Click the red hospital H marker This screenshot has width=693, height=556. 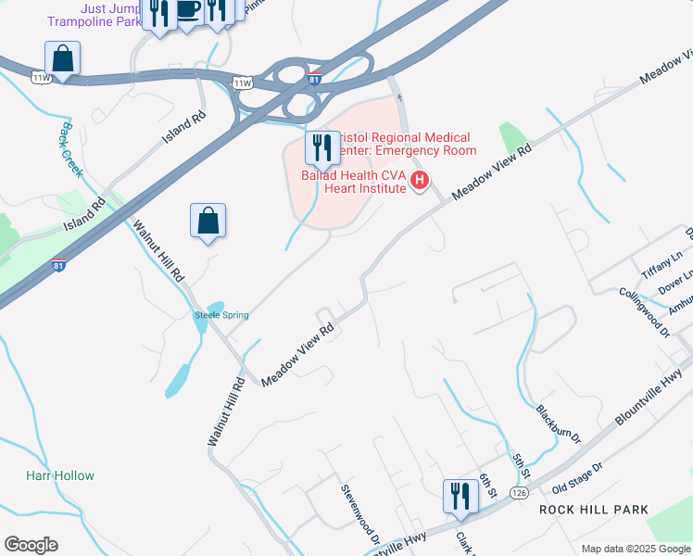click(x=420, y=181)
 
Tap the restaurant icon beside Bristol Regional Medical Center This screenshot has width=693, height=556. click(x=322, y=147)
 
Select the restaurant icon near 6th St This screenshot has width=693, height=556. click(x=460, y=495)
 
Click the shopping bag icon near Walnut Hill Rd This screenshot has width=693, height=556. click(x=208, y=221)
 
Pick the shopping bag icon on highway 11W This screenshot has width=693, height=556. click(x=62, y=58)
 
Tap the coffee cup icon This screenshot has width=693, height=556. click(x=188, y=10)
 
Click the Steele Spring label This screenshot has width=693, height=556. click(x=220, y=316)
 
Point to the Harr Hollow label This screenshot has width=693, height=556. click(x=60, y=475)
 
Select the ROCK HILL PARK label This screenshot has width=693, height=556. click(x=598, y=511)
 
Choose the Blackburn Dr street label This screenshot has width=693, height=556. click(x=558, y=423)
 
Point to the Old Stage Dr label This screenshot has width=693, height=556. click(x=577, y=479)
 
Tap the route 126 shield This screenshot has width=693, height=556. click(x=519, y=495)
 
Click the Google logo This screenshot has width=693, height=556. click(x=31, y=545)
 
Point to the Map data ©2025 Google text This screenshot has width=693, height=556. click(x=635, y=549)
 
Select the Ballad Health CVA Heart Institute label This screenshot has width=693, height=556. click(x=355, y=182)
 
